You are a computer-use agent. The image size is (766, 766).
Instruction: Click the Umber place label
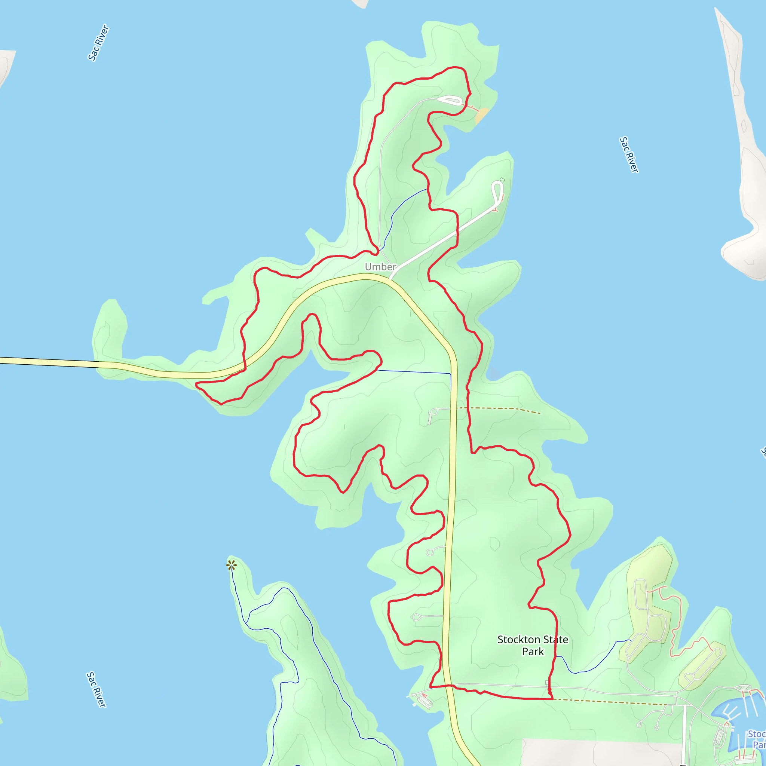[x=380, y=267]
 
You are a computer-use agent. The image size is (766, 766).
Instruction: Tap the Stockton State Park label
[x=533, y=646]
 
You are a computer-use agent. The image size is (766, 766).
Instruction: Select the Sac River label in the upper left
[x=98, y=43]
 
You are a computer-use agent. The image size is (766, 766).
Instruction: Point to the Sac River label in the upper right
[x=629, y=154]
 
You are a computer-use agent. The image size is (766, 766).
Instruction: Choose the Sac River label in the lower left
[x=96, y=689]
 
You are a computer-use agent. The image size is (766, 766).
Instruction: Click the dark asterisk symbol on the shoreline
[x=232, y=565]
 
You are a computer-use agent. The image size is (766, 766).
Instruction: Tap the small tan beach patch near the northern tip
[x=482, y=115]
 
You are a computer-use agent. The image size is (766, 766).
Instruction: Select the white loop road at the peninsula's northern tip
[x=450, y=100]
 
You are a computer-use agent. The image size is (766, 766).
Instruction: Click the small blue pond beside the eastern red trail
[x=493, y=373]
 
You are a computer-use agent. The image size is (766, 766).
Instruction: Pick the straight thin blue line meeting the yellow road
[x=412, y=371]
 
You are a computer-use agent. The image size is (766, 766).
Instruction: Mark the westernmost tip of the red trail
[x=196, y=383]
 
